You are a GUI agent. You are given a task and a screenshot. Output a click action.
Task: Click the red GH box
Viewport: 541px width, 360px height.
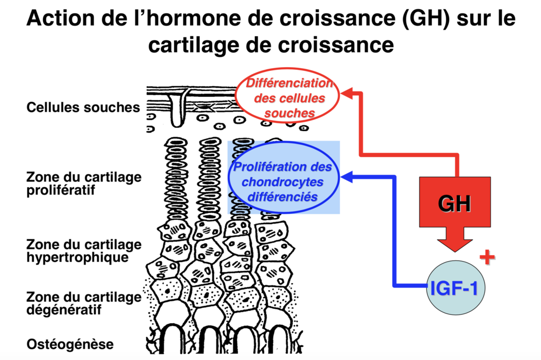(x=455, y=204)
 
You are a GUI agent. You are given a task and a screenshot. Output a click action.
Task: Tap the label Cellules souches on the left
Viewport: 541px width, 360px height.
(x=83, y=107)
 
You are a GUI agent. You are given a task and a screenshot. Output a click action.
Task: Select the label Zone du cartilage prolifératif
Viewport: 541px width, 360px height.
(x=83, y=184)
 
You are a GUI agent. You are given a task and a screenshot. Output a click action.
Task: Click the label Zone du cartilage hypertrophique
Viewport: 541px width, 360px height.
(x=83, y=251)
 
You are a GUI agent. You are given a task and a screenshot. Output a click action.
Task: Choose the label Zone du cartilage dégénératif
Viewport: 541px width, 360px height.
(x=83, y=303)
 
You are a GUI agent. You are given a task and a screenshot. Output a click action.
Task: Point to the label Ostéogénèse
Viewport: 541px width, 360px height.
(x=70, y=344)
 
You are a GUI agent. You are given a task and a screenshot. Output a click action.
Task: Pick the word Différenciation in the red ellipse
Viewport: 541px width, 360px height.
(x=288, y=84)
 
